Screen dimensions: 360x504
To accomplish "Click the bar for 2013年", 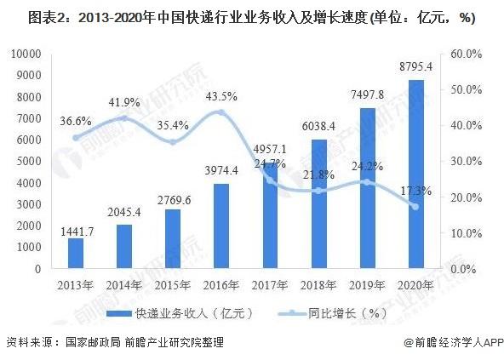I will point(76,254).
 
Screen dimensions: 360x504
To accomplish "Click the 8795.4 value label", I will point(415,66).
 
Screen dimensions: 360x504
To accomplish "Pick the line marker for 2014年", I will point(124,118).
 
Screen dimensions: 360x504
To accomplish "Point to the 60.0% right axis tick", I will point(467,54).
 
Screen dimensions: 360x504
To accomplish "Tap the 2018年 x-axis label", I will point(318,283).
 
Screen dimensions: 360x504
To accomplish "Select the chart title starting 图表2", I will point(252,17).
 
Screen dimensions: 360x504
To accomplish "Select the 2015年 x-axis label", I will point(172,283).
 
